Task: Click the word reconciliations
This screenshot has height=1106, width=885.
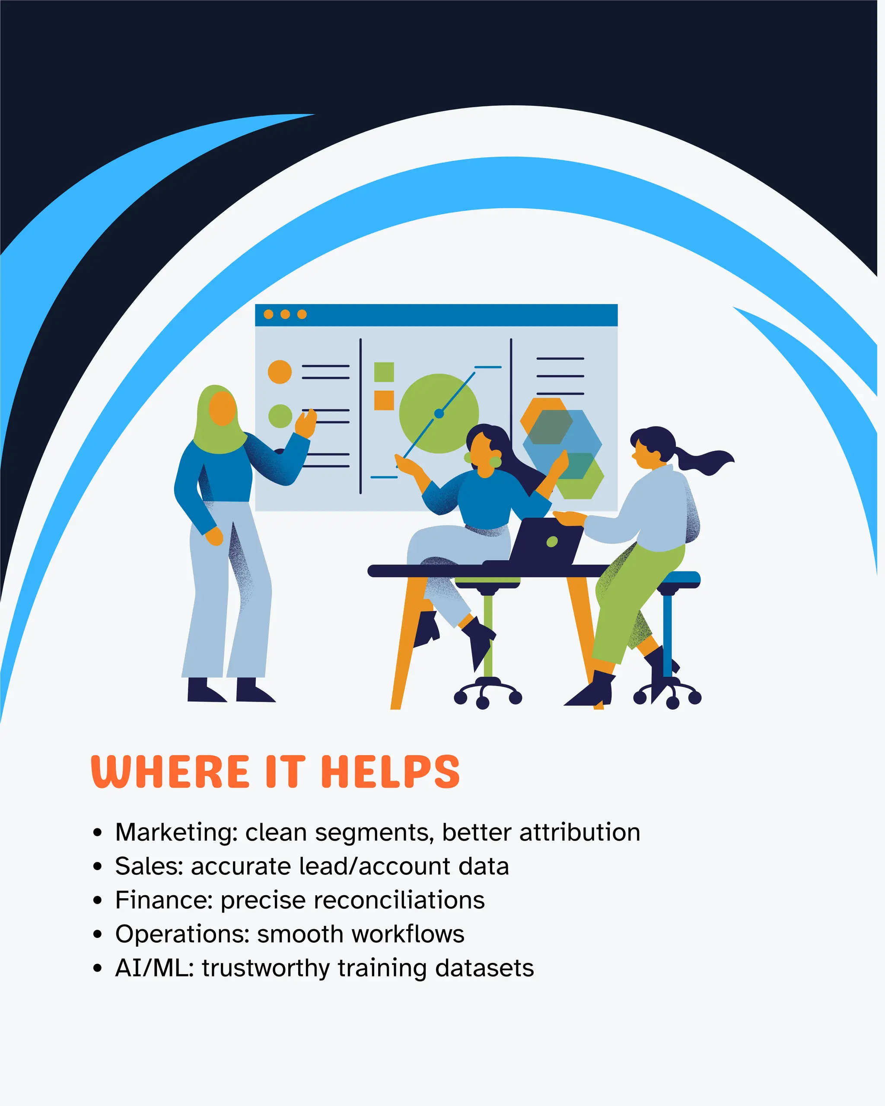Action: coord(353,901)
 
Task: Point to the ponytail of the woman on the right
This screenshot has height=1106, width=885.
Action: coord(705,460)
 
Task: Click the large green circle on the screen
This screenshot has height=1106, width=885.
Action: coord(426,405)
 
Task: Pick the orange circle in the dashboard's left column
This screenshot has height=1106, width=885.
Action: coord(280,372)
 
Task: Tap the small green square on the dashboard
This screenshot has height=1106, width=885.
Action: coord(384,372)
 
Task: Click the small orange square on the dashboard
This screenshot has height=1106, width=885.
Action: coord(384,400)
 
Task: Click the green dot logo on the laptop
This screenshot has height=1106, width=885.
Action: coord(552,542)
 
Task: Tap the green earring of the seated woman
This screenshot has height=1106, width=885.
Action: coord(495,461)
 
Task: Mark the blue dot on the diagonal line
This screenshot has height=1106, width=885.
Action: coord(439,413)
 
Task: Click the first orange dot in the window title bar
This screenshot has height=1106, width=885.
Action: coord(268,314)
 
